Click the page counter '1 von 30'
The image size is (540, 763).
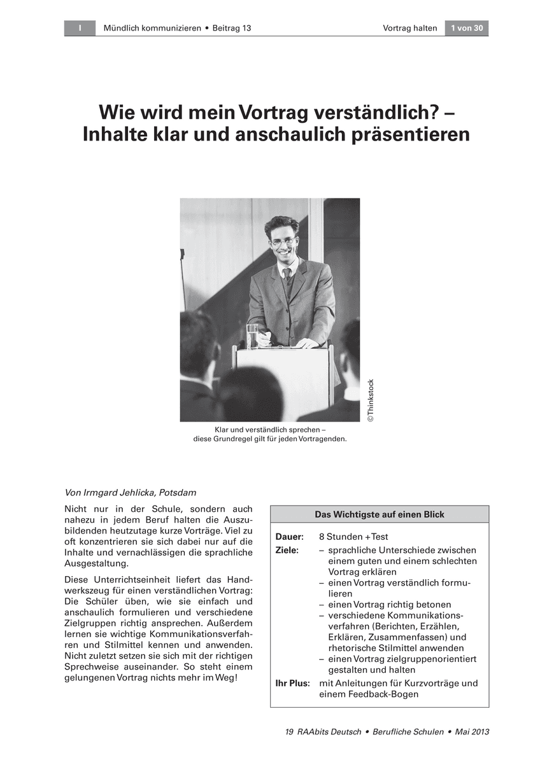pyautogui.click(x=467, y=28)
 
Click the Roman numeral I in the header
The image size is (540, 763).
pyautogui.click(x=80, y=28)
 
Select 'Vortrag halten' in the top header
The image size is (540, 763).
pyautogui.click(x=410, y=28)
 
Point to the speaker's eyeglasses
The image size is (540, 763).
pyautogui.click(x=283, y=242)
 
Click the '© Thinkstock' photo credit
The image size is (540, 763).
pyautogui.click(x=371, y=401)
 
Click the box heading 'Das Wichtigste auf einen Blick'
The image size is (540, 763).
pyautogui.click(x=380, y=514)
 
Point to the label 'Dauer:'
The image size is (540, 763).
pyautogui.click(x=289, y=537)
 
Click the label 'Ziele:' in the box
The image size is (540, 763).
pyautogui.click(x=287, y=550)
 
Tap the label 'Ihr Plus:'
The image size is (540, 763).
pyautogui.click(x=292, y=684)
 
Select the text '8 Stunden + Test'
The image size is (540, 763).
pyautogui.click(x=353, y=537)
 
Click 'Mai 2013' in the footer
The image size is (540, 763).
pyautogui.click(x=472, y=732)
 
